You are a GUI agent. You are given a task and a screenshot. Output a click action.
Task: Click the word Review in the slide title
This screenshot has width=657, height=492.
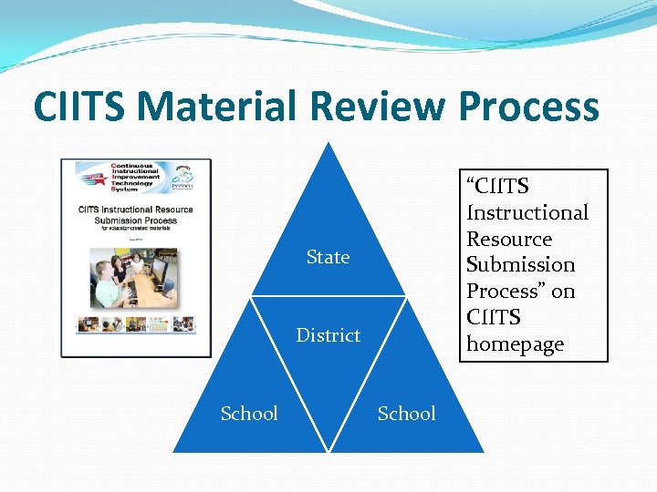point(378,107)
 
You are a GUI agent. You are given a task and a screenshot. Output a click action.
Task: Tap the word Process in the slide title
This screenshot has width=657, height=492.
point(529,107)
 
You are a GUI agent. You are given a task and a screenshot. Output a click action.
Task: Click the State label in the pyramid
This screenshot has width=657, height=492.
point(328,258)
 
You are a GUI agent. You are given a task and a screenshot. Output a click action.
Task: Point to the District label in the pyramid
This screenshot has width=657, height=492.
point(328,335)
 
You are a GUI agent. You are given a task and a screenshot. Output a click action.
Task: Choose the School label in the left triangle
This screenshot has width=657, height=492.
point(249,414)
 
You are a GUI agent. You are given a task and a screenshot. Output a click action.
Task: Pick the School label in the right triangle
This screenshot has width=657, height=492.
point(406,414)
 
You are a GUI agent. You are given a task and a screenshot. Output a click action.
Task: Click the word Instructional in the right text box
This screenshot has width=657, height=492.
point(527,212)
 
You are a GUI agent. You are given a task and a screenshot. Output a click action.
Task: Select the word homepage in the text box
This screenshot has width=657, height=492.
point(515,344)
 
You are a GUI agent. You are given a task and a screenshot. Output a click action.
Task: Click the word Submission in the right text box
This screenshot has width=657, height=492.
point(520,265)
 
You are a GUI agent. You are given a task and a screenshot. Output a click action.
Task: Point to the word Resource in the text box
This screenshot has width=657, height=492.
point(509,239)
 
